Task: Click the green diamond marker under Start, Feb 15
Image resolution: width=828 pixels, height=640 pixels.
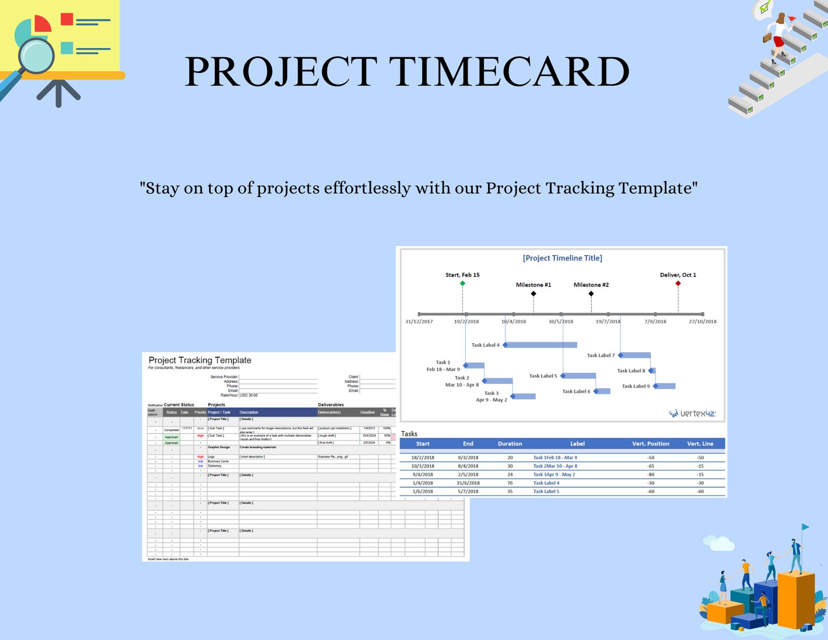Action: [x=462, y=283]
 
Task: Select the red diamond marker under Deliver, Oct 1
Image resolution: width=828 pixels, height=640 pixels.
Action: [x=678, y=283]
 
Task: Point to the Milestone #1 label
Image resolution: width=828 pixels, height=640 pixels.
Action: [x=533, y=285]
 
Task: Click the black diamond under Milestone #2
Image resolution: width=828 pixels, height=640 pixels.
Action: [x=591, y=294]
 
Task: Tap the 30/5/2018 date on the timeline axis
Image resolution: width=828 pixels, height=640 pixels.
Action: [x=561, y=321]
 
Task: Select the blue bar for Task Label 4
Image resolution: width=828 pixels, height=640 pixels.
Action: [x=541, y=345]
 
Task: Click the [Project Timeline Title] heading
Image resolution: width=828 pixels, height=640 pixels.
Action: [x=562, y=258]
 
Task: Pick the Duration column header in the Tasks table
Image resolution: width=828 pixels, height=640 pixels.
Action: [x=509, y=444]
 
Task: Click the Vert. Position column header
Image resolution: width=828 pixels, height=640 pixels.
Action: [x=650, y=444]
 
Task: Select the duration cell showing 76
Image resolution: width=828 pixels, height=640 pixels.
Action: [x=509, y=483]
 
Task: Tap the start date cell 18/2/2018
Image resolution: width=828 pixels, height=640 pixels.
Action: [x=422, y=457]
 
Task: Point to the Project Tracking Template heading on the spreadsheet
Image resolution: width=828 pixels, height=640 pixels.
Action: [x=200, y=360]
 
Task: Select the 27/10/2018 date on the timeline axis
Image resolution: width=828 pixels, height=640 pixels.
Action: [x=702, y=321]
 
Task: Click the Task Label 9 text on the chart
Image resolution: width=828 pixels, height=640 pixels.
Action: [x=636, y=386]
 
